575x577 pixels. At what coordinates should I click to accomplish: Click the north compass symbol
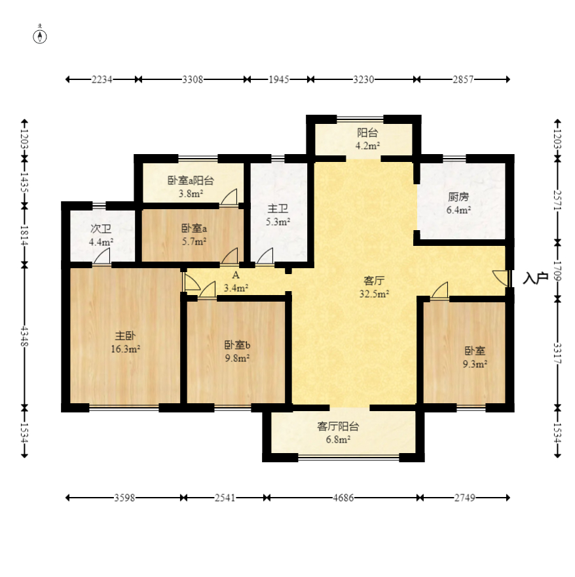click(40, 37)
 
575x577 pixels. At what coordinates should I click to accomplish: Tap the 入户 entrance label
click(536, 278)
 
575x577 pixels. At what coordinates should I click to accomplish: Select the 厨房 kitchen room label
click(458, 197)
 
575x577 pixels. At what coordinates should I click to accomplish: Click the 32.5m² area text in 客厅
click(374, 294)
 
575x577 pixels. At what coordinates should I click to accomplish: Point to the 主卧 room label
click(125, 335)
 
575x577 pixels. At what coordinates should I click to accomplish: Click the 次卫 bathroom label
click(101, 229)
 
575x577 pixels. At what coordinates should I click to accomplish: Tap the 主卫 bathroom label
click(278, 209)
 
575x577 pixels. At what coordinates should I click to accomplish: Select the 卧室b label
click(237, 345)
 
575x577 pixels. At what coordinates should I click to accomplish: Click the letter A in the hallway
click(236, 275)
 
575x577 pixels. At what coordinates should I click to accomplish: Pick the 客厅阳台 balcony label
click(338, 426)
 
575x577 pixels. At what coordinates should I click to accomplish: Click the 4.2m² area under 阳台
click(367, 146)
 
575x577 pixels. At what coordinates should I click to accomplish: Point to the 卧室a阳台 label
click(191, 180)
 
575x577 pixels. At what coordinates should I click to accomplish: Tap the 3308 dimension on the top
click(193, 79)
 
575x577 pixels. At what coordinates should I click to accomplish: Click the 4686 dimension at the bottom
click(343, 498)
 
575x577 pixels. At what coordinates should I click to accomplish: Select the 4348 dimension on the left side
click(25, 336)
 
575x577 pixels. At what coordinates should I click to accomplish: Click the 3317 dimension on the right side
click(558, 353)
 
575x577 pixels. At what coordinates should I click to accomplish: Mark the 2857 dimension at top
click(463, 79)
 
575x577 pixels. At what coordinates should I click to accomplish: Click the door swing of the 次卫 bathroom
click(102, 256)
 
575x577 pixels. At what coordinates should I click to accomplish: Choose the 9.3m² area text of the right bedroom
click(475, 364)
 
